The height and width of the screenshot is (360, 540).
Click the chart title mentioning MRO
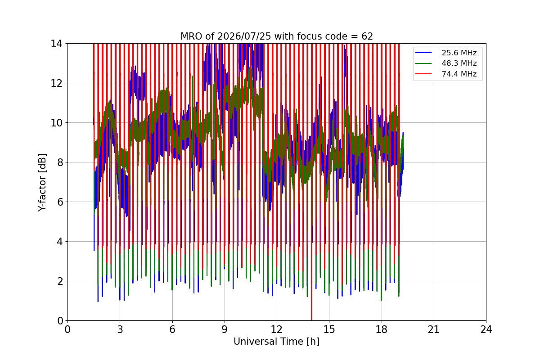pos(276,36)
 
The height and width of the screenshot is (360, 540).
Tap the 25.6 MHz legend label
pos(459,53)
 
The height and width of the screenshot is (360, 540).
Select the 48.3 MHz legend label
pos(459,63)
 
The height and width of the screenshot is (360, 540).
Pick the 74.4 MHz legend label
pos(459,74)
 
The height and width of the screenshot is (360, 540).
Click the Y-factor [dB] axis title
pos(42,183)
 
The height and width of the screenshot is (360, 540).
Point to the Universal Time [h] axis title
pos(276,342)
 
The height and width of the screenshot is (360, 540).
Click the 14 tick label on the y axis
pos(56,44)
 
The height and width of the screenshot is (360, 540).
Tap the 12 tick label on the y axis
pos(56,83)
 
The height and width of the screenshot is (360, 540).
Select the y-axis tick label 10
pos(56,123)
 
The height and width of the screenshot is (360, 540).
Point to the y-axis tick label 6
pos(60,202)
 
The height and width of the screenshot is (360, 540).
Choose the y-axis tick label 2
pos(60,281)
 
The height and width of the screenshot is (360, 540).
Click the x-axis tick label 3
pos(120,329)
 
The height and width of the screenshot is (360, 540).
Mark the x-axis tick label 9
pos(225,329)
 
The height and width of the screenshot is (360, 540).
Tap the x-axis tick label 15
pos(329,329)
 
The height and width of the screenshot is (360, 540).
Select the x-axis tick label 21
pos(434,329)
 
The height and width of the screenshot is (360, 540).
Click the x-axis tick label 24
pos(486,329)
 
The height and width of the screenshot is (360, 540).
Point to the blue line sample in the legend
pos(423,53)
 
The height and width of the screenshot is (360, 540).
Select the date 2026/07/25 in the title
pos(244,36)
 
